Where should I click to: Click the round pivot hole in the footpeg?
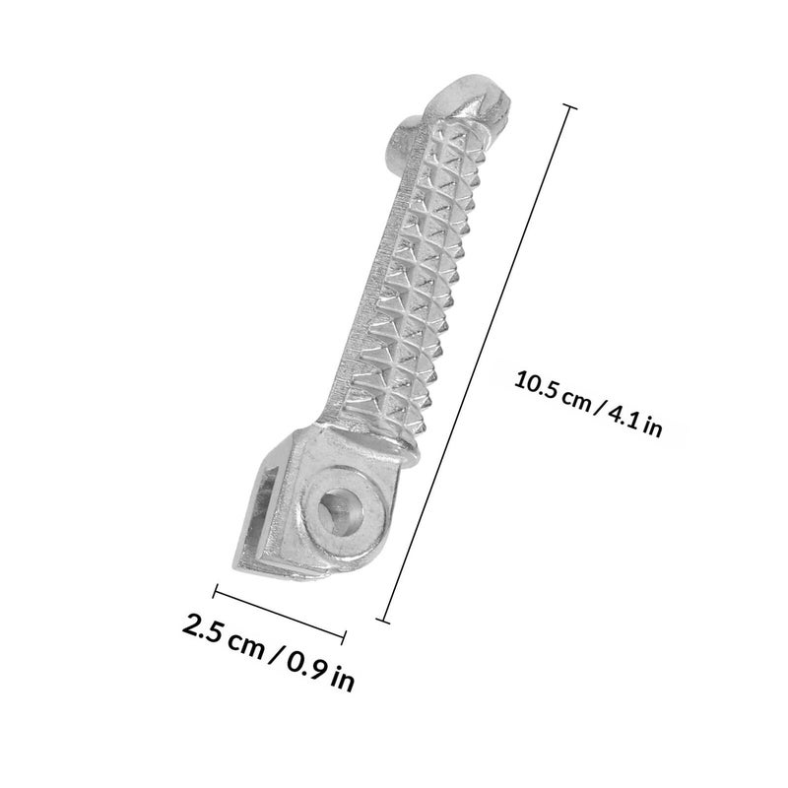point(341,513)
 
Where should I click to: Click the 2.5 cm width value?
point(224,635)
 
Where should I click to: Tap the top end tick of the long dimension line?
point(569,106)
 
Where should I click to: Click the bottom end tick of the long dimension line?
point(383,622)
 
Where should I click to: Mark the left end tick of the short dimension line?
point(215,591)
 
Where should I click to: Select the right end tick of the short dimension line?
point(344,637)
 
